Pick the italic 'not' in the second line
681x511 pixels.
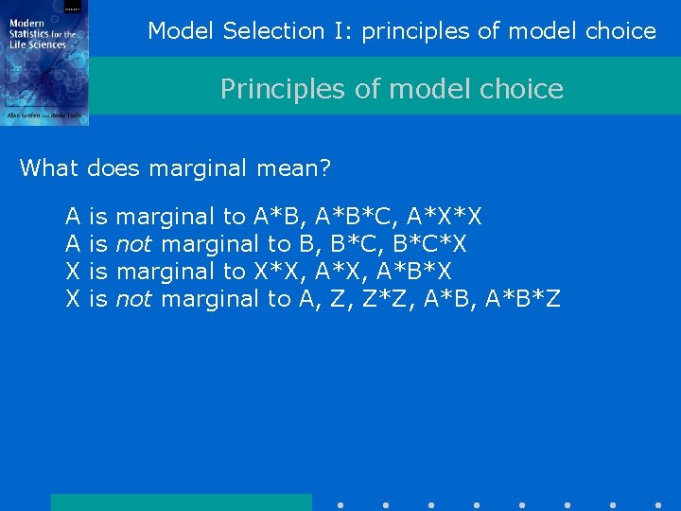(x=133, y=245)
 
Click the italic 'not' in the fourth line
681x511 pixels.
(x=133, y=300)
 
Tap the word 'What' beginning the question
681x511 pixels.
(x=49, y=168)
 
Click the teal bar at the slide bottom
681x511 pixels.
(x=181, y=502)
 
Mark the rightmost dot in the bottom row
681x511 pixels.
(x=658, y=504)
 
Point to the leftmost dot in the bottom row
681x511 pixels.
(x=340, y=504)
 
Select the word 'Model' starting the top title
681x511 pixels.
(x=183, y=31)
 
